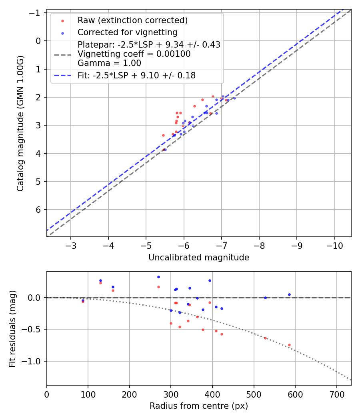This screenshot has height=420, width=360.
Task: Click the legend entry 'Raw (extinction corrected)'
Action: coord(132,20)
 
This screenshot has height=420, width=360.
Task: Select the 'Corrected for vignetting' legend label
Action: coord(127,32)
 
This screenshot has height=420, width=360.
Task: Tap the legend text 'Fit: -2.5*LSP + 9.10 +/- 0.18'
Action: coord(136,75)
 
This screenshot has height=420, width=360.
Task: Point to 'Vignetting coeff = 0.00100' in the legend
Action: coord(134,54)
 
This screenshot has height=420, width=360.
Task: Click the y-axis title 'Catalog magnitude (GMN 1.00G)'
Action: coord(20,123)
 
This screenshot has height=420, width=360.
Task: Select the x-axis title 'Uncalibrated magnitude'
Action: coord(199,258)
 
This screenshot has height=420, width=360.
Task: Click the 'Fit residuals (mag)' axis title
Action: coord(12,328)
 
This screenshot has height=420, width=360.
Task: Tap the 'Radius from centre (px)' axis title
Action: coord(199,406)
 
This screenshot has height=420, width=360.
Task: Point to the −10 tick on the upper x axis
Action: coord(334,245)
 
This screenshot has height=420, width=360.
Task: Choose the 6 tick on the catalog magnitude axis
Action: coord(39,210)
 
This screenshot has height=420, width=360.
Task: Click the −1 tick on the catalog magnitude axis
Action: coord(36,13)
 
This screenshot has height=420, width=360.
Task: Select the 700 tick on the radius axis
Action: coord(336,393)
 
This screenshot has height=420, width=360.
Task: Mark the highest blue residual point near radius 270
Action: coord(158,277)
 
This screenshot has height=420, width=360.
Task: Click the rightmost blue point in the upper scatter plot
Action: coord(234,98)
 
